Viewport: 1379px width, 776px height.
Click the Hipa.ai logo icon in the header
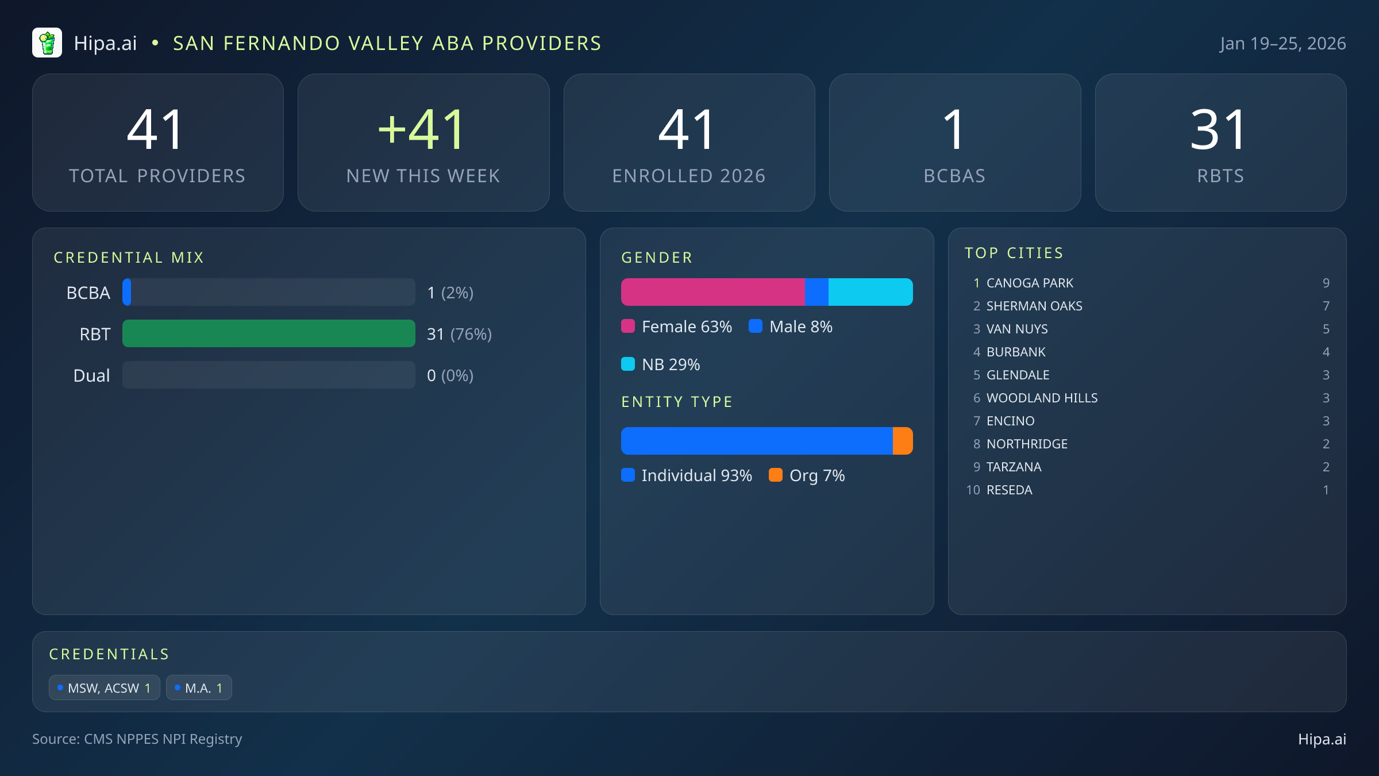coord(47,43)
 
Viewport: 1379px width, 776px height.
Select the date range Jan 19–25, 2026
coord(1282,44)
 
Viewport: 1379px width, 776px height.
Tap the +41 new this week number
coord(422,130)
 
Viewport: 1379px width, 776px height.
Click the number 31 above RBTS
coord(1219,130)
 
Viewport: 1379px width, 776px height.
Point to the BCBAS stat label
coord(954,176)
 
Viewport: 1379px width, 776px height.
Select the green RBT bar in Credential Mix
coord(268,333)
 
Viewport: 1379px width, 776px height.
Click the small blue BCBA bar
coord(127,292)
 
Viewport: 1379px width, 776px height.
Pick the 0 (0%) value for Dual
coord(450,375)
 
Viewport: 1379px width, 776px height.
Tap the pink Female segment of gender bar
coord(712,292)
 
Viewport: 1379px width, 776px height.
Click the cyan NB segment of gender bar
coord(870,292)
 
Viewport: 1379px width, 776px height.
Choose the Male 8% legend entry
coord(791,326)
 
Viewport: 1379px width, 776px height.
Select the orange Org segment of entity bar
coord(903,441)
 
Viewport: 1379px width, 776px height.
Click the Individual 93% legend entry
coord(687,475)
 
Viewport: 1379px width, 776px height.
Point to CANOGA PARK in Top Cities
coord(1030,283)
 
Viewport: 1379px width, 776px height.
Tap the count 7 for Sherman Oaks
coord(1326,306)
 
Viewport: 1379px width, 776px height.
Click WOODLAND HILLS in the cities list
coord(1042,398)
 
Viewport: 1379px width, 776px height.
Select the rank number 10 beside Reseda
coord(973,490)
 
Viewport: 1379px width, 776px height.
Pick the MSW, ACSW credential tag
coord(105,688)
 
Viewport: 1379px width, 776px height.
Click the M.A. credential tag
coord(199,688)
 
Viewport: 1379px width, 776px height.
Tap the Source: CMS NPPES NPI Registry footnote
coord(137,739)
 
